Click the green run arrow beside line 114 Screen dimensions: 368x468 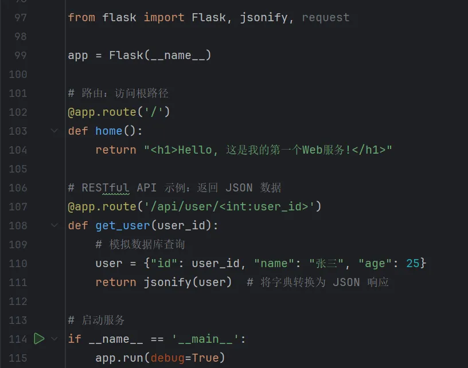pyautogui.click(x=39, y=339)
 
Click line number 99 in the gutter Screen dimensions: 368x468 pyautogui.click(x=18, y=56)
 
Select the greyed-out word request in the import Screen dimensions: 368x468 pyautogui.click(x=325, y=17)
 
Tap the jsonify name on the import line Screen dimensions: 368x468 pyautogui.click(x=264, y=17)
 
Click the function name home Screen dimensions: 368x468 pyautogui.click(x=109, y=131)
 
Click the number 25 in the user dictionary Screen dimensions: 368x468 pyautogui.click(x=413, y=263)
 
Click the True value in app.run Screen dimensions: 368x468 pyautogui.click(x=205, y=358)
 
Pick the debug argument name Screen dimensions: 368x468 pyautogui.click(x=167, y=358)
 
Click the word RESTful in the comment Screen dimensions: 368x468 pyautogui.click(x=106, y=187)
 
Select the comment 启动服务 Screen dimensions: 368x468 pyautogui.click(x=103, y=320)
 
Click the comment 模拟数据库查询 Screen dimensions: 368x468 pyautogui.click(x=147, y=244)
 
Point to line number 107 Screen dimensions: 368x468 pyautogui.click(x=18, y=206)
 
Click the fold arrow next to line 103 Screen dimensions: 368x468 pyautogui.click(x=54, y=131)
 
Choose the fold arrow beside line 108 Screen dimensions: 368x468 pyautogui.click(x=54, y=225)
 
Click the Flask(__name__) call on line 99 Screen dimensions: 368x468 pyautogui.click(x=161, y=56)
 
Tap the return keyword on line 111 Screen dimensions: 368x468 pyautogui.click(x=116, y=282)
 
